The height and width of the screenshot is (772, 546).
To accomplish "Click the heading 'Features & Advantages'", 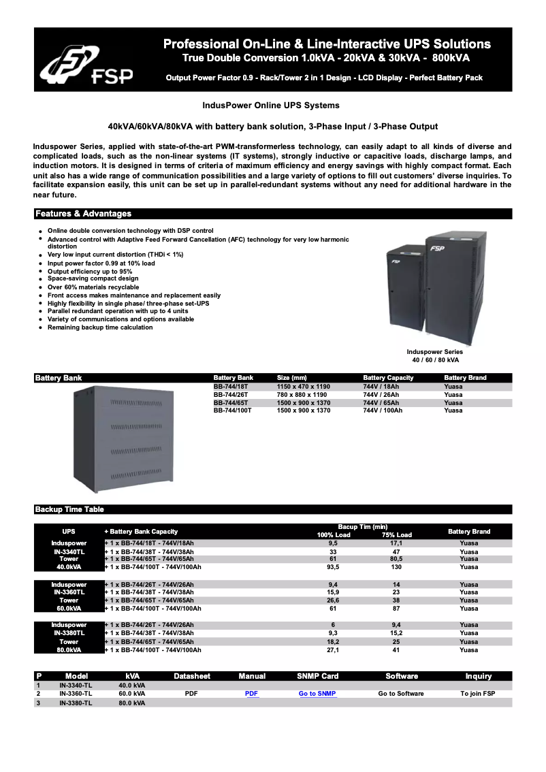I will point(83,214).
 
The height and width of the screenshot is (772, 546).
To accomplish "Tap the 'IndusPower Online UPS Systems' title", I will point(271,106).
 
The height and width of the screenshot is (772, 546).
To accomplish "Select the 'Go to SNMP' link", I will point(317,694).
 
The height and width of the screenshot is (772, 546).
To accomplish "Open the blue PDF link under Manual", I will point(252,694).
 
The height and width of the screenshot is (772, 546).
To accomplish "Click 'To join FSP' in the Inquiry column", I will point(478,694).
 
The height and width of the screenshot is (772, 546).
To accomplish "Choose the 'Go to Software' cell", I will point(401,694).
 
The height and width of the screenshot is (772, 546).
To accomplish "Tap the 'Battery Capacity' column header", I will point(388,378).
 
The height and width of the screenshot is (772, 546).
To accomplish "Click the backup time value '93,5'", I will point(333,567).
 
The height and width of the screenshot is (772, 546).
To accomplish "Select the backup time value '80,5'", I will point(396,559).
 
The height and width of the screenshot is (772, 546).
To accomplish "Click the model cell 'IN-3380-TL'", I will point(76,703).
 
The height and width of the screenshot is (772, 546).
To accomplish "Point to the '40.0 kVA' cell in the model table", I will point(132,686).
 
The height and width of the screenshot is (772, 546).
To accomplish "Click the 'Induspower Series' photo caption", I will point(435,352).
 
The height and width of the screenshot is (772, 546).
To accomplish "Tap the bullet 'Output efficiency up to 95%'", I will point(90,271).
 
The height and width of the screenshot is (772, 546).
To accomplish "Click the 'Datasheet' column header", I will point(192,676).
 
